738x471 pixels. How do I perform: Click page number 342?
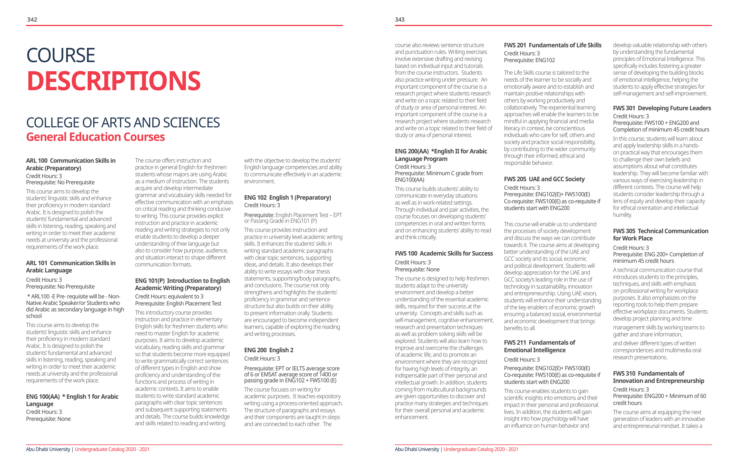(x=32, y=19)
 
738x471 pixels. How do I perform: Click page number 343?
(x=400, y=19)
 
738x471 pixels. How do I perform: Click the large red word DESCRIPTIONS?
(x=114, y=81)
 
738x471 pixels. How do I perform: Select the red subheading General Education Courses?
(x=95, y=137)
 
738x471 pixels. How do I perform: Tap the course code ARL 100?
(x=37, y=161)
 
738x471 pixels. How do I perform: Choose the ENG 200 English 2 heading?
(x=268, y=350)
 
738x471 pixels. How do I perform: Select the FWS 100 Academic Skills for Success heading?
(x=444, y=253)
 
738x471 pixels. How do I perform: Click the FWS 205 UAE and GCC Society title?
(x=544, y=179)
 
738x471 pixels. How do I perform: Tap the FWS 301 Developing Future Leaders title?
(x=662, y=108)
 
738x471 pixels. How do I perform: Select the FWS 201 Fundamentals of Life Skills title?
(x=552, y=45)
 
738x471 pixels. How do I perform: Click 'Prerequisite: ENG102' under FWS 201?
(x=529, y=60)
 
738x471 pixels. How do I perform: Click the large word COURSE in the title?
(x=61, y=55)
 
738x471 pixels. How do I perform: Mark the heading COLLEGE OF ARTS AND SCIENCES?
(x=123, y=123)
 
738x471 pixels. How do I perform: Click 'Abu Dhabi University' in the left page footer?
(x=48, y=449)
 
